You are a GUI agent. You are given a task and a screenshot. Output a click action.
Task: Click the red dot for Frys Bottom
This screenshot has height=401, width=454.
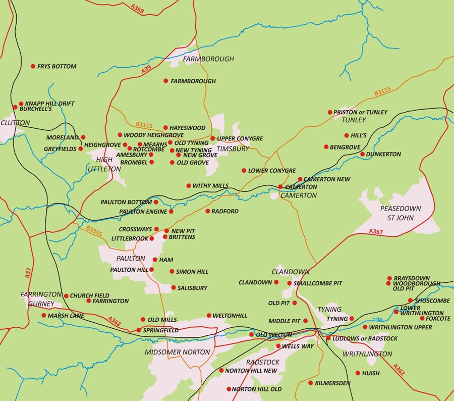coord(33,66)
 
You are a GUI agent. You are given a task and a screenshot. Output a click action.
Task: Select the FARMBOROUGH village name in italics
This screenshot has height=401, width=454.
coord(208,59)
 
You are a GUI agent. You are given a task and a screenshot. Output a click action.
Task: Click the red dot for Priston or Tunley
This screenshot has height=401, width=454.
coord(330,112)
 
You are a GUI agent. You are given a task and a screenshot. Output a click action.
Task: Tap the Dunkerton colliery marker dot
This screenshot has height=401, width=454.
coord(362,154)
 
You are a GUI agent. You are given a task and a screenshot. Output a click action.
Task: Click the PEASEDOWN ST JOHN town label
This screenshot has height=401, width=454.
coord(400,213)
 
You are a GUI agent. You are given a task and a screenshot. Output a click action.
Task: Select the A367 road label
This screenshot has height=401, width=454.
coord(376,231)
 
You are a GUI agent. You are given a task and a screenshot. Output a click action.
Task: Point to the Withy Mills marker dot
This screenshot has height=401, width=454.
coord(189,186)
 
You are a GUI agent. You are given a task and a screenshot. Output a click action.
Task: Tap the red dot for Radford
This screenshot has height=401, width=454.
coord(207,211)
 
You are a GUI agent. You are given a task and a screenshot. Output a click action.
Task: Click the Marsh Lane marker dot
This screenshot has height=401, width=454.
coord(44,316)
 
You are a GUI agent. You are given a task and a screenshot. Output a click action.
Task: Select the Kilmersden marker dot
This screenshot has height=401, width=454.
coord(310,383)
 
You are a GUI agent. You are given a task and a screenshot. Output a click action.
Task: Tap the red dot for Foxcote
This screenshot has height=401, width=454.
coord(422,318)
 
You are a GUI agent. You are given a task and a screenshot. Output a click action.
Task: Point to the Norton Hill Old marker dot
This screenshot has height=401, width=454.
coord(229,389)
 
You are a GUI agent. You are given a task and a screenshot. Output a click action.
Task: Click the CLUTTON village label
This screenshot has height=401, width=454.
coord(15,123)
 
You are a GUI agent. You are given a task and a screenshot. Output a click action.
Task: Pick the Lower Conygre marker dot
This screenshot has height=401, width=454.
coord(244,171)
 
